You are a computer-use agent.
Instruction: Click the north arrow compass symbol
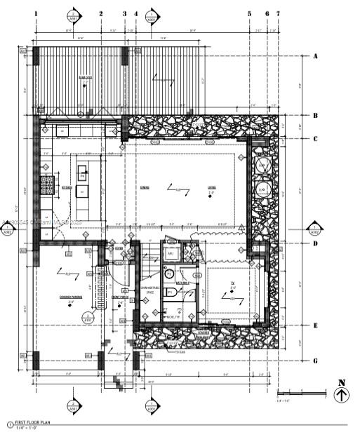341,395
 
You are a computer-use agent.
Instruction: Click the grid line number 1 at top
36,13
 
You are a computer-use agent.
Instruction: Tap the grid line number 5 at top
249,13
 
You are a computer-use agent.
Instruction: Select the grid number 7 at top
278,13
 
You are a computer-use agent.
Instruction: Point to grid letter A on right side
316,56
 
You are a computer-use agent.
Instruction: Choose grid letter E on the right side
316,325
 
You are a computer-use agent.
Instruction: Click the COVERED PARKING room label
72,297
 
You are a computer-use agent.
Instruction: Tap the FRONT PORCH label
119,297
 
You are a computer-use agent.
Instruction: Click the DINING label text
145,187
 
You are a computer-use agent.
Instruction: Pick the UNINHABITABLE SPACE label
149,289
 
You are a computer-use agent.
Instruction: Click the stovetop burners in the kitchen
47,185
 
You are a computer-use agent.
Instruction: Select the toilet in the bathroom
168,274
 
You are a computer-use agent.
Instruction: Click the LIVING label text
211,187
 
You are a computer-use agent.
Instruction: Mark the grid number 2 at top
100,13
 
